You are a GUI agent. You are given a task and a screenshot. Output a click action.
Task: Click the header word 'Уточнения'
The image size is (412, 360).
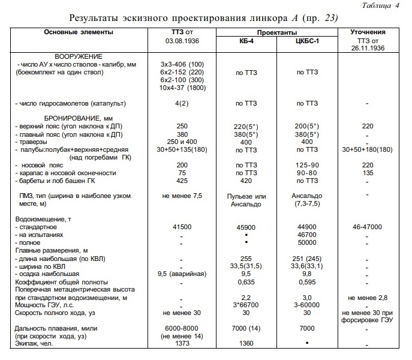[x=367, y=32]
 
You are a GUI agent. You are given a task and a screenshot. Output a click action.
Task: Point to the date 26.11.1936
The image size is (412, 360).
[x=367, y=50]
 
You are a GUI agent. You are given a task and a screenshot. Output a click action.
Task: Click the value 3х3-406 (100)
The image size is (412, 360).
[x=182, y=64]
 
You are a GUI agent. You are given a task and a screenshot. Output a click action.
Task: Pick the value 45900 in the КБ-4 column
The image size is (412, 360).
[x=246, y=228]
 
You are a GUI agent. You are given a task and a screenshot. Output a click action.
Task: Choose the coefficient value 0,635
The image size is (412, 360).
[x=246, y=281]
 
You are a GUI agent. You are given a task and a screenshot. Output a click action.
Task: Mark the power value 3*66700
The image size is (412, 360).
[x=246, y=305]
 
